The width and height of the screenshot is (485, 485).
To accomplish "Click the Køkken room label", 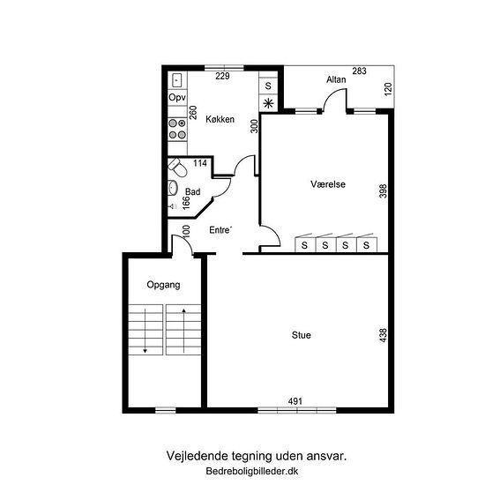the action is pyautogui.click(x=220, y=119).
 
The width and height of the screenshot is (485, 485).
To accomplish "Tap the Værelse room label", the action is pyautogui.click(x=328, y=184).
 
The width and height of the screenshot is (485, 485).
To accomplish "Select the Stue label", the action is pyautogui.click(x=302, y=335).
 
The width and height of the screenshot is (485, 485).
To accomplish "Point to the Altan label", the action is pyautogui.click(x=336, y=79).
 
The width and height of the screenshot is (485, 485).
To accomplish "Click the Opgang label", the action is pyautogui.click(x=163, y=285).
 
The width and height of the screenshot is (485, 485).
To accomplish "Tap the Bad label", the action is pyautogui.click(x=193, y=191).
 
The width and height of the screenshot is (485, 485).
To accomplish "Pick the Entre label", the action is pyautogui.click(x=220, y=230).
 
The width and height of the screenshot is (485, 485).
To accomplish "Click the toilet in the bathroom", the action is pyautogui.click(x=177, y=167).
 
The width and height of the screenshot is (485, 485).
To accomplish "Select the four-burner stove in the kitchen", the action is pyautogui.click(x=177, y=129).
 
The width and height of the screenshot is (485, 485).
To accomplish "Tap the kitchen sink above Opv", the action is pyautogui.click(x=177, y=80).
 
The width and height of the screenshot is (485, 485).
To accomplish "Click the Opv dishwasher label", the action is pyautogui.click(x=177, y=97).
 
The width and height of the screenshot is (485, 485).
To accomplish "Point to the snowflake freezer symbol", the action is pyautogui.click(x=268, y=103).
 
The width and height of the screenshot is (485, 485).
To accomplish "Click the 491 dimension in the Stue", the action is pyautogui.click(x=295, y=401).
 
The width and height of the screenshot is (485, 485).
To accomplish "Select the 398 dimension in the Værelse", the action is pyautogui.click(x=383, y=190).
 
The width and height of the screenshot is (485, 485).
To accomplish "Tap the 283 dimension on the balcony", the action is pyautogui.click(x=360, y=71).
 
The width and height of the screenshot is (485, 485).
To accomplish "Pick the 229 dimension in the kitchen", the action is pyautogui.click(x=222, y=76).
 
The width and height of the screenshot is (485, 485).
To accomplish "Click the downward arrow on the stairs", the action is pyautogui.click(x=145, y=331).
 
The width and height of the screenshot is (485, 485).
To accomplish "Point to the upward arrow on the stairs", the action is pyautogui.click(x=183, y=331).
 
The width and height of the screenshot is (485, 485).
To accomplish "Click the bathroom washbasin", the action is pyautogui.click(x=172, y=188).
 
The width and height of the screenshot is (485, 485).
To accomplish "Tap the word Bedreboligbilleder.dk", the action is pyautogui.click(x=252, y=471).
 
